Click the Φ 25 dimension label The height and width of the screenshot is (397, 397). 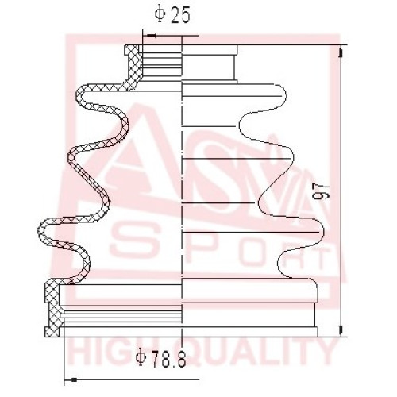click(x=172, y=16)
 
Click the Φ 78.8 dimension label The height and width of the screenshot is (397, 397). click(x=160, y=358)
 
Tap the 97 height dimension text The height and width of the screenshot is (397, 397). click(x=321, y=191)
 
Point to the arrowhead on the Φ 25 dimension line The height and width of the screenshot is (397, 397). click(x=151, y=36)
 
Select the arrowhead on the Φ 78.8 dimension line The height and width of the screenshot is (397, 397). click(x=71, y=380)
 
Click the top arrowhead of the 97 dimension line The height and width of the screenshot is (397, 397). click(x=341, y=52)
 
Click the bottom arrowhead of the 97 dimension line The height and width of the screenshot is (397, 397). click(x=341, y=330)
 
